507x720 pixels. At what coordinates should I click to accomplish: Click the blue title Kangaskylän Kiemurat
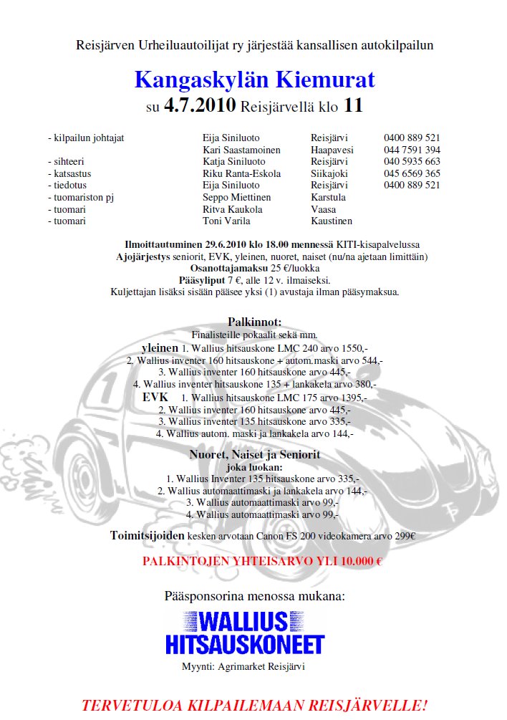click(x=254, y=80)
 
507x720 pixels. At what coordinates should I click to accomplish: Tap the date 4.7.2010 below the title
click(x=200, y=106)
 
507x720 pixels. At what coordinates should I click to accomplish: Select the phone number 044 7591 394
click(x=412, y=150)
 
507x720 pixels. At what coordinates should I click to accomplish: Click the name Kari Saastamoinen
click(x=241, y=150)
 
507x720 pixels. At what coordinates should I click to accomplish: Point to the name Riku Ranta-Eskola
click(x=241, y=173)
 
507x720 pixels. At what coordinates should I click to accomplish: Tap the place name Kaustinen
click(x=332, y=221)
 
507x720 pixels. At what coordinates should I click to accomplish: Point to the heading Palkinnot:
click(x=254, y=322)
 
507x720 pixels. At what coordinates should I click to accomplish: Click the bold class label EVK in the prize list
click(x=155, y=397)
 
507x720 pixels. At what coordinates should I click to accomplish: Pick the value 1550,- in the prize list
click(x=351, y=348)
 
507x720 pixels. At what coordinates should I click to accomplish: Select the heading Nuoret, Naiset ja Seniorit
click(x=254, y=454)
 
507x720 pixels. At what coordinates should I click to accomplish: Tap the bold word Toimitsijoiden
click(x=148, y=535)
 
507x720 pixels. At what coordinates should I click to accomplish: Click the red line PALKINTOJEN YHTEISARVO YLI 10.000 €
click(x=262, y=560)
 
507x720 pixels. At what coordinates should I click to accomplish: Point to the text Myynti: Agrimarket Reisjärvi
click(x=243, y=666)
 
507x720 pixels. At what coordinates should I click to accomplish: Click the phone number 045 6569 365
click(x=412, y=173)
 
